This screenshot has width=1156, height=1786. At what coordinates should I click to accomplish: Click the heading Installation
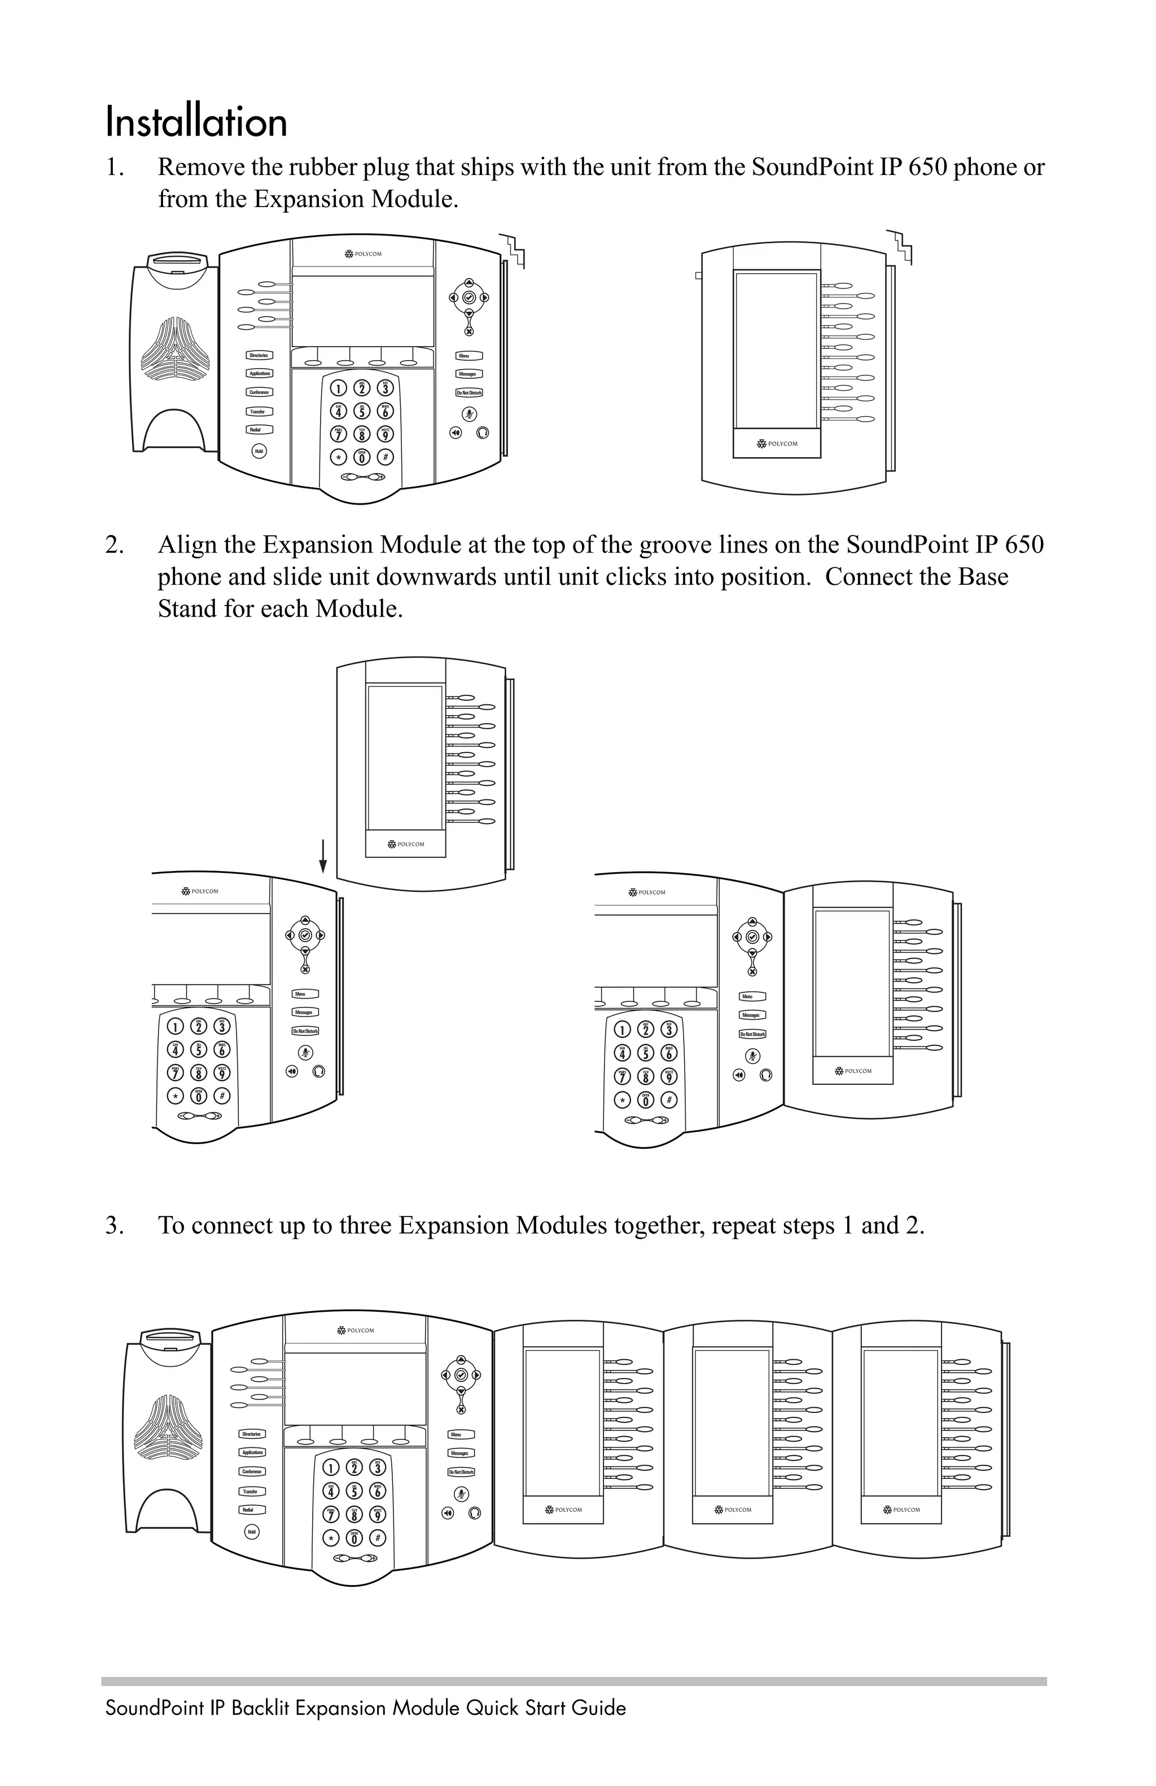(x=196, y=122)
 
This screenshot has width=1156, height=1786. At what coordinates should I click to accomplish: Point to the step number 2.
(x=114, y=545)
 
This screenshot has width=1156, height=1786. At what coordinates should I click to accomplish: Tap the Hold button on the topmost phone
(x=259, y=451)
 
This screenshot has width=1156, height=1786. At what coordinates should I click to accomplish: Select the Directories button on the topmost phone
(x=259, y=355)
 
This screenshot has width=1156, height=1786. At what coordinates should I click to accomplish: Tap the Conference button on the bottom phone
(x=251, y=1472)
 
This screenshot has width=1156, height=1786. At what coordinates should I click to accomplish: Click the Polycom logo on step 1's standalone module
(x=777, y=444)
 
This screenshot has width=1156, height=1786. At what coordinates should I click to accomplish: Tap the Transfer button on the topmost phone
(x=257, y=412)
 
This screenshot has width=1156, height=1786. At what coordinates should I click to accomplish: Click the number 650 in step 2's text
(x=1023, y=544)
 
